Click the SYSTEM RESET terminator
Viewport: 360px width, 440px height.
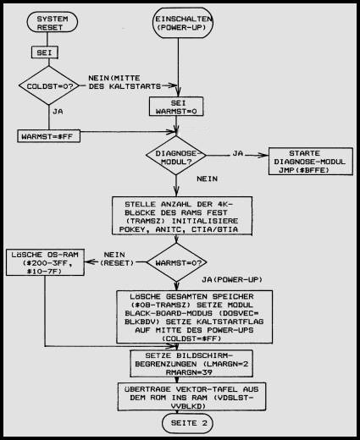click(53, 23)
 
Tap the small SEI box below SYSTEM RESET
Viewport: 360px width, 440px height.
click(45, 52)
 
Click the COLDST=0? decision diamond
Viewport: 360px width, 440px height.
click(49, 85)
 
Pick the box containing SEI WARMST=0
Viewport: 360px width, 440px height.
click(176, 107)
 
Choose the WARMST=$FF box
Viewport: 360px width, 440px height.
click(48, 136)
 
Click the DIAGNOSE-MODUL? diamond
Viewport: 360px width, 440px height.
click(176, 156)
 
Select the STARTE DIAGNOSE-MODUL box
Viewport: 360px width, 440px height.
click(311, 162)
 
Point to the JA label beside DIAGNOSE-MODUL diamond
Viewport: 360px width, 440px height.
click(238, 153)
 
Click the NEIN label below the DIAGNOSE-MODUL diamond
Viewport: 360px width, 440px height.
click(208, 179)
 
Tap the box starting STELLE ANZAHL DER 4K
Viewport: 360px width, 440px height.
click(182, 216)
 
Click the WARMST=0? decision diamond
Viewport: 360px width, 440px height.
click(177, 262)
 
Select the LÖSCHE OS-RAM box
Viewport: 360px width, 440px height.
click(45, 262)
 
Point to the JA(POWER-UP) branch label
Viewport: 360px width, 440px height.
click(232, 279)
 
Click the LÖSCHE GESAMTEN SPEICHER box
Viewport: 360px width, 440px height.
click(195, 316)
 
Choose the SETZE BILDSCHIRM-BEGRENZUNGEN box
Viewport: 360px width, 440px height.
click(191, 364)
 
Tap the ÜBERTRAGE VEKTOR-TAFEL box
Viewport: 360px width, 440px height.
click(191, 397)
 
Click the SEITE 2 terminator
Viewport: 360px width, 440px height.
click(188, 423)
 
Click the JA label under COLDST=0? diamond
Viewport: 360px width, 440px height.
click(58, 112)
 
